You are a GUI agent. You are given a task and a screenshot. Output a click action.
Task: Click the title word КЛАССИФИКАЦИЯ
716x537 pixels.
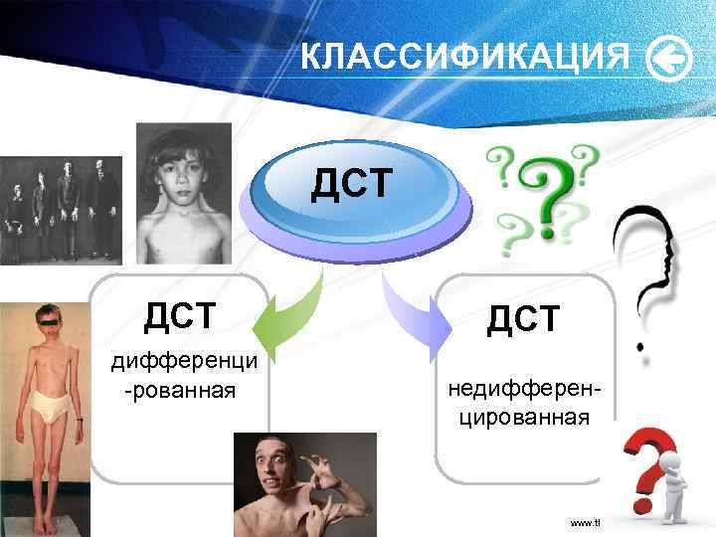465,59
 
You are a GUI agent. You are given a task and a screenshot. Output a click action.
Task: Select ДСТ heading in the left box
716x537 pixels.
179,317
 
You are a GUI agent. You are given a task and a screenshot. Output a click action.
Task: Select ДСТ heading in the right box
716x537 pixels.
524,318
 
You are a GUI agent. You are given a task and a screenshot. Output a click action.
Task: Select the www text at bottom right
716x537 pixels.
585,523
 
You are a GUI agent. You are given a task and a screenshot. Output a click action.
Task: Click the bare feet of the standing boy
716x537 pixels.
45,523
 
